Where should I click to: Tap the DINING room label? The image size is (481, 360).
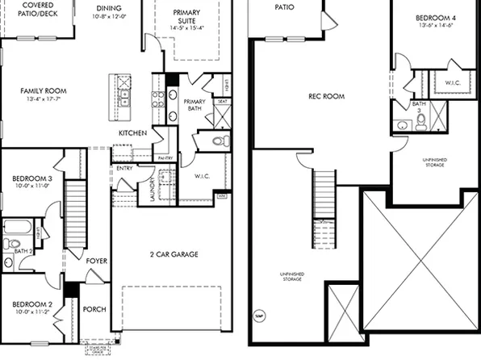(x=109, y=5)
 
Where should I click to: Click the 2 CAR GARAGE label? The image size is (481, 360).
(x=173, y=254)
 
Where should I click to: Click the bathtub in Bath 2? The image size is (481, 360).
(x=17, y=227)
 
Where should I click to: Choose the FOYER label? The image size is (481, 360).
(x=96, y=261)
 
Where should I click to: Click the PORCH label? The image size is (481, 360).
(x=94, y=308)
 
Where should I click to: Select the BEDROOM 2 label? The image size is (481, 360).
(x=32, y=304)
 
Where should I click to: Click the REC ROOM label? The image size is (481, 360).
(x=326, y=96)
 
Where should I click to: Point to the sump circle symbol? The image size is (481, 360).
(x=260, y=315)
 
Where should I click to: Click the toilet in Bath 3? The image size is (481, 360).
(x=420, y=121)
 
